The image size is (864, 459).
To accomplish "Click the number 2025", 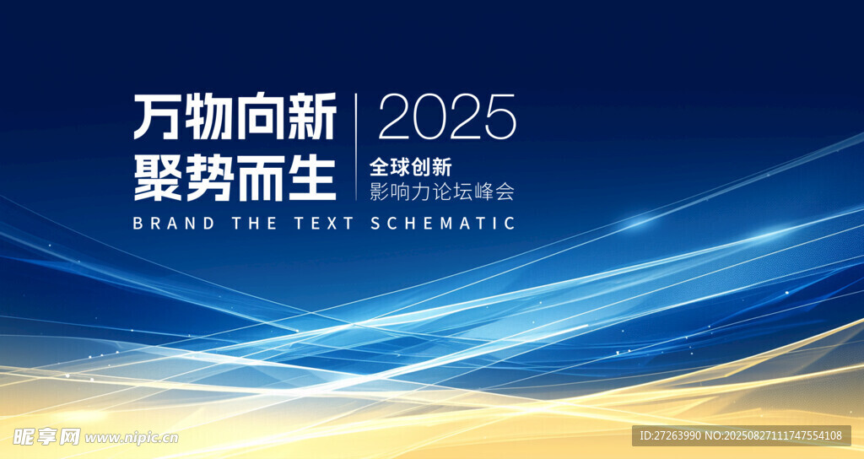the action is [x=447, y=116].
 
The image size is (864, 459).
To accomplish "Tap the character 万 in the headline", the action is [x=158, y=116].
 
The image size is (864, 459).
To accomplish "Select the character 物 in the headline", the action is [x=209, y=116].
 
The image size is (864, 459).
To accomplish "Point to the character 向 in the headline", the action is [x=260, y=116].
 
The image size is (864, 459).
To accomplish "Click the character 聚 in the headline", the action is [x=158, y=177].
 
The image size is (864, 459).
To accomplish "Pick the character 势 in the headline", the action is [x=209, y=177].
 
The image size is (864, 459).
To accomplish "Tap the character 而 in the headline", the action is [x=260, y=177].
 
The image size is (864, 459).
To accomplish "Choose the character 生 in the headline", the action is [x=312, y=177].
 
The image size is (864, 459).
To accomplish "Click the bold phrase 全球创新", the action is [x=411, y=167].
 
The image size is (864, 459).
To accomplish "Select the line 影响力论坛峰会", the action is [x=442, y=192].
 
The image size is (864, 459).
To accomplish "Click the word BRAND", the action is [x=174, y=223].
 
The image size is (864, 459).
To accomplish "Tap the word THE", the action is [x=254, y=223].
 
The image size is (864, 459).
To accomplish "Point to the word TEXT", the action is [x=323, y=223].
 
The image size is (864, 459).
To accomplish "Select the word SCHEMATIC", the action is [x=443, y=223].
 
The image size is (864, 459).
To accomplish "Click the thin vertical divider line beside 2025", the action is [x=356, y=147].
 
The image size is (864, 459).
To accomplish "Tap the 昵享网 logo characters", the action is [x=47, y=437].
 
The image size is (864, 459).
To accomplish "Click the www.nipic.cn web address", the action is [x=131, y=438].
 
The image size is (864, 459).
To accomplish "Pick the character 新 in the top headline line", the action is [x=312, y=116].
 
